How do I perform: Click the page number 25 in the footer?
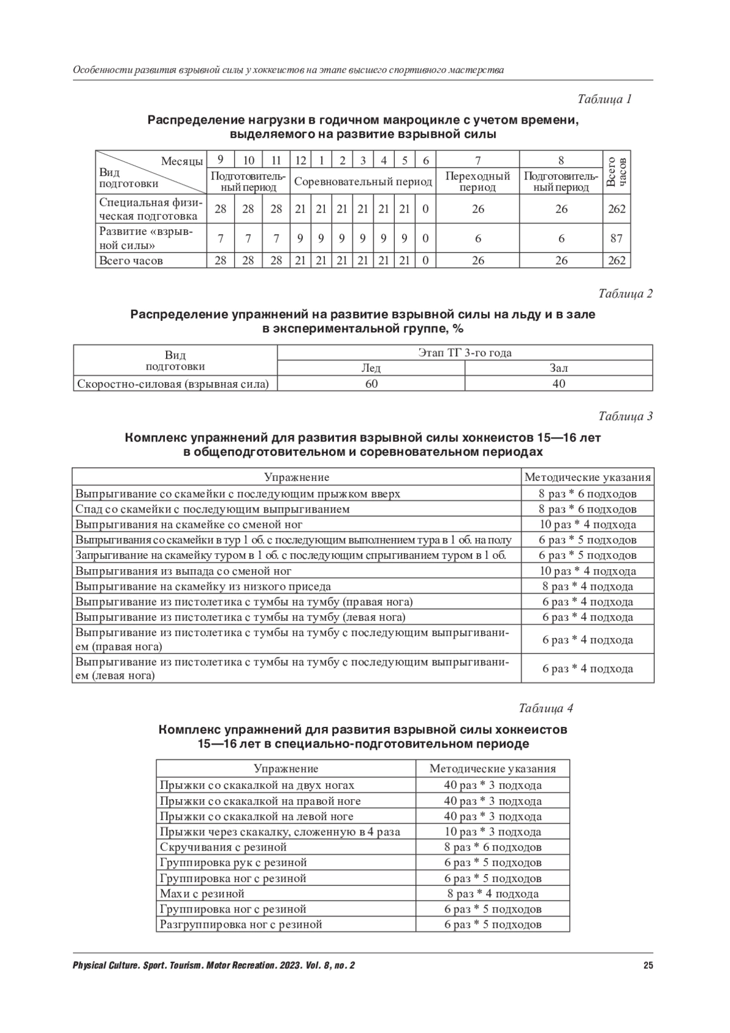648,965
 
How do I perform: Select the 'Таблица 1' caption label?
604,99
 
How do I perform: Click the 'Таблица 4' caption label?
546,708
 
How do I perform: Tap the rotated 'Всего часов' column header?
616,172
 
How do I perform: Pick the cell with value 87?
616,239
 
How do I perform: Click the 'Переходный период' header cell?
478,181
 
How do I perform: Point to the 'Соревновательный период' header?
363,181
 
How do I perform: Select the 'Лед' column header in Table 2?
371,368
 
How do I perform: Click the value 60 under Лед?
371,383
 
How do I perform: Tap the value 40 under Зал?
558,383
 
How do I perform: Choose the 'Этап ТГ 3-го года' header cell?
465,352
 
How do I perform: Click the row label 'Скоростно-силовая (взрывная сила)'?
172,384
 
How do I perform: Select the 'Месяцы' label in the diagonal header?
182,161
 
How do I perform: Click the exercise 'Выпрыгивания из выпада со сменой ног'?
184,571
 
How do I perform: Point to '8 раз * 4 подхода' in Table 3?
588,587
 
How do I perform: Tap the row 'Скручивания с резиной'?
223,847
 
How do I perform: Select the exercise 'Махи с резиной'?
202,894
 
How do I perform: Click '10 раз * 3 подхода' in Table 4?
493,832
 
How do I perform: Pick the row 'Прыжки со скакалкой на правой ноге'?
260,801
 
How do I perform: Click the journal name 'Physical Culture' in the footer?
103,965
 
